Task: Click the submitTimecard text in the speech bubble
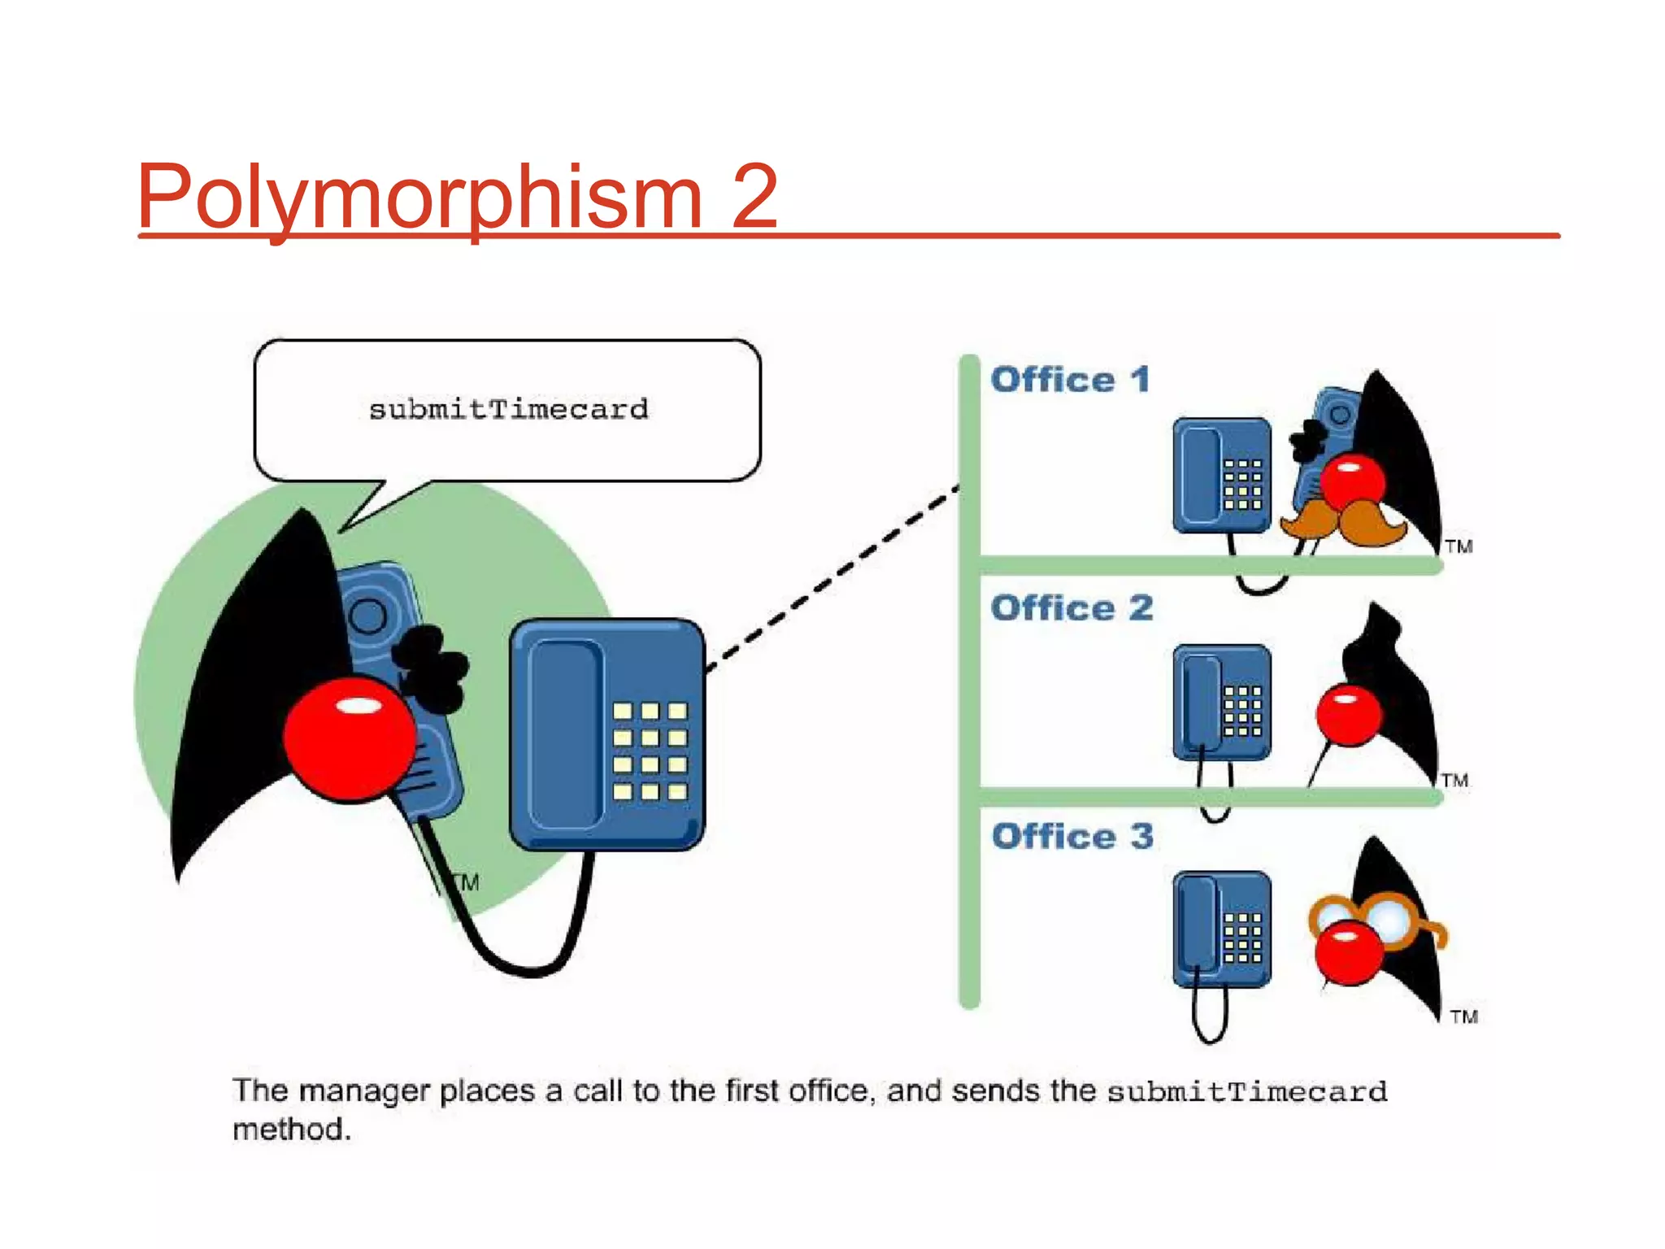tap(508, 409)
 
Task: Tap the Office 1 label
tap(1070, 380)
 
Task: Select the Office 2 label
tap(1072, 608)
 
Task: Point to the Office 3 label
tap(1072, 837)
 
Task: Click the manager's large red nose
tap(350, 738)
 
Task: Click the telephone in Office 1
tap(1221, 477)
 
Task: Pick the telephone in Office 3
tap(1221, 930)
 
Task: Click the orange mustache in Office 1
tap(1343, 523)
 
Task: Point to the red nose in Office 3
tap(1348, 951)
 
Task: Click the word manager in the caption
tap(363, 1090)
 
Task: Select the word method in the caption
tap(291, 1129)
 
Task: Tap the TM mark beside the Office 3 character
tap(1463, 1016)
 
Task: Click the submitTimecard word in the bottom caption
tap(1246, 1091)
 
